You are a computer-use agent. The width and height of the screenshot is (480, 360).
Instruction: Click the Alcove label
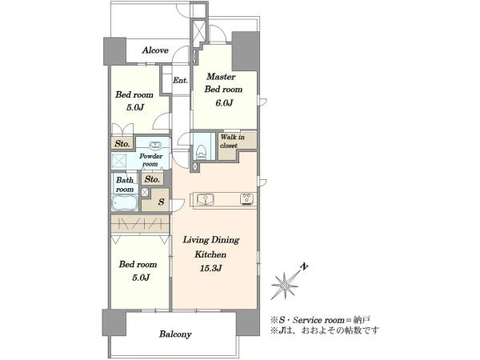pyautogui.click(x=155, y=50)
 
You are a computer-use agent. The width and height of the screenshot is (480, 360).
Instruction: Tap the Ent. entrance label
pyautogui.click(x=180, y=81)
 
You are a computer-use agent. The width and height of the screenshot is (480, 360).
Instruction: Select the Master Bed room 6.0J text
pyautogui.click(x=223, y=90)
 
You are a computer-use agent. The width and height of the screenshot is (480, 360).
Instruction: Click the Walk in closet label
pyautogui.click(x=233, y=141)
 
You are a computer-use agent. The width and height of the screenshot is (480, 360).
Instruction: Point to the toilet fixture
pyautogui.click(x=201, y=151)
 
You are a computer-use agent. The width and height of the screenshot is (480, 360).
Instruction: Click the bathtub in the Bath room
pyautogui.click(x=125, y=203)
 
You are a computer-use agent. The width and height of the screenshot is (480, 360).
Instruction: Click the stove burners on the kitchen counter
pyautogui.click(x=248, y=199)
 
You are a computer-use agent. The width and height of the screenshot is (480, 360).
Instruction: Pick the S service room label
pyautogui.click(x=162, y=202)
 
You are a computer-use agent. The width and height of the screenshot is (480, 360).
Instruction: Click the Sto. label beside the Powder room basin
pyautogui.click(x=122, y=143)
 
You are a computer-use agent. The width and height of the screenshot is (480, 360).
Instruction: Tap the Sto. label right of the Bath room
pyautogui.click(x=152, y=178)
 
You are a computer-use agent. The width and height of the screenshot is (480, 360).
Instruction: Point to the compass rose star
pyautogui.click(x=285, y=286)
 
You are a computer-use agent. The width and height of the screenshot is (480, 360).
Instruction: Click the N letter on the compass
pyautogui.click(x=304, y=267)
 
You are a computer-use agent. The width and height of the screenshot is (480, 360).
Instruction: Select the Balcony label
pyautogui.click(x=175, y=334)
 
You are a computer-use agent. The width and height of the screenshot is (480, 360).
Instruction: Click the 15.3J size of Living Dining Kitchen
pyautogui.click(x=211, y=269)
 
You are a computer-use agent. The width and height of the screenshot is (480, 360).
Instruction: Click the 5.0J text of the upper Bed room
pyautogui.click(x=134, y=107)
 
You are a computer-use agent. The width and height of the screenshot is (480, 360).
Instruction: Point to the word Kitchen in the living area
pyautogui.click(x=210, y=254)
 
